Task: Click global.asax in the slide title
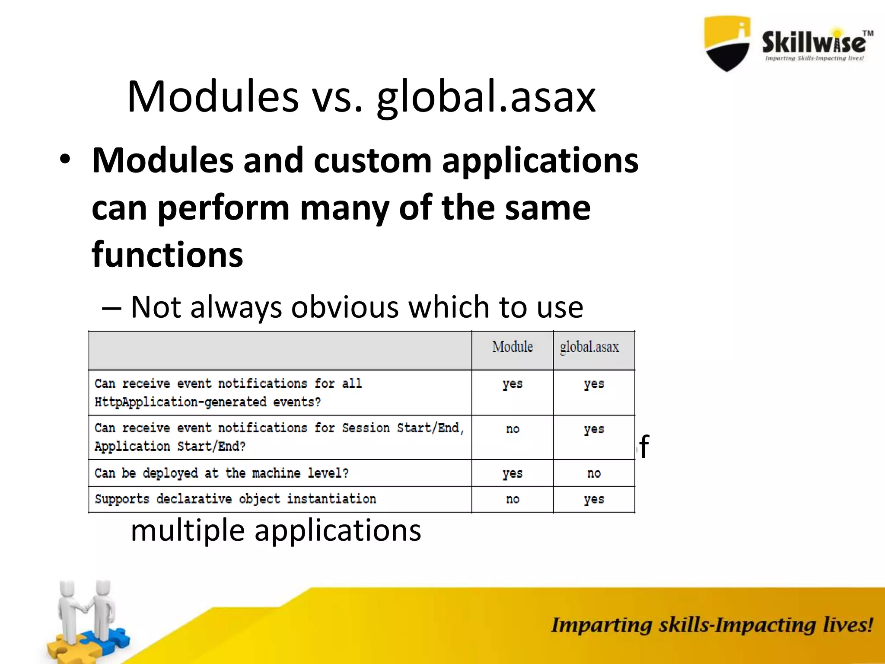(486, 98)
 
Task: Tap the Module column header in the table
(513, 347)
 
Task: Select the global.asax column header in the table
(589, 347)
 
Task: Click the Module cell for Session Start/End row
(513, 429)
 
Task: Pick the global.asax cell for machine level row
(594, 473)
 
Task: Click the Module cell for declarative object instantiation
(513, 499)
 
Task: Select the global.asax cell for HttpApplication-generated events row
(594, 384)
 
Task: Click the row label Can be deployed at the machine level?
(221, 473)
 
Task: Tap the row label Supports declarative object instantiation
(235, 499)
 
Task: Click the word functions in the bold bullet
(167, 255)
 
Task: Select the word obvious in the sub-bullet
(345, 307)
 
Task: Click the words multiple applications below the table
(276, 531)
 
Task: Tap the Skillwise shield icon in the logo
(727, 43)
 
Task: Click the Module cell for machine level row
(513, 473)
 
